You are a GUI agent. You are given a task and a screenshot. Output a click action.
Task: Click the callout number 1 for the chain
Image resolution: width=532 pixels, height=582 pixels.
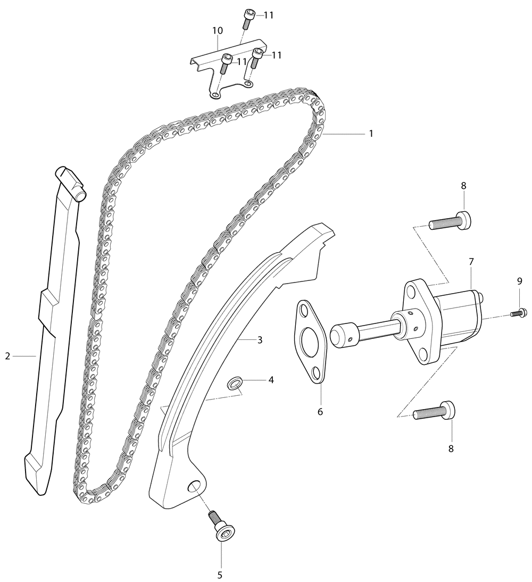coord(371,133)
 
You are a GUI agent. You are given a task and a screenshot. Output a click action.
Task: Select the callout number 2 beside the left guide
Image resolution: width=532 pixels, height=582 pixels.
coord(7,356)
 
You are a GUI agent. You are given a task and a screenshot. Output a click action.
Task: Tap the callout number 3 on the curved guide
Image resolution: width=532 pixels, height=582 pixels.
coord(260,339)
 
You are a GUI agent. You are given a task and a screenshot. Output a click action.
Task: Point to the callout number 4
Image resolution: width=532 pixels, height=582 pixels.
coord(271,380)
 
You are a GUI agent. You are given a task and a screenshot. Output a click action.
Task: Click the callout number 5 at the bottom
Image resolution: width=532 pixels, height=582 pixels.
coord(220,575)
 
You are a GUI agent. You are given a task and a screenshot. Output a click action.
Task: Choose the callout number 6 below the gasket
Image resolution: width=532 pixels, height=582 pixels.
coord(320,412)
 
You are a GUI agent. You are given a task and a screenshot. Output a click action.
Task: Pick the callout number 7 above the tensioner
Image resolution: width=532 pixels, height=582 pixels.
coord(471,262)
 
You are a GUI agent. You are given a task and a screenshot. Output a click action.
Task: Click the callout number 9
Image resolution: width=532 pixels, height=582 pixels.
coord(519,281)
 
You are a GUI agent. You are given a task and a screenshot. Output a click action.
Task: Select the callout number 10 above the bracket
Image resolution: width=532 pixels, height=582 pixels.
coord(218,30)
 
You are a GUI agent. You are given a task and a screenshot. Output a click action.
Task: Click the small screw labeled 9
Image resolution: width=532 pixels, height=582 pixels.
coord(517,313)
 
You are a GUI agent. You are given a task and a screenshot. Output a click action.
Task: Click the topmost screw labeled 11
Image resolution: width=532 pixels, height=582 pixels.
coord(247,19)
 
